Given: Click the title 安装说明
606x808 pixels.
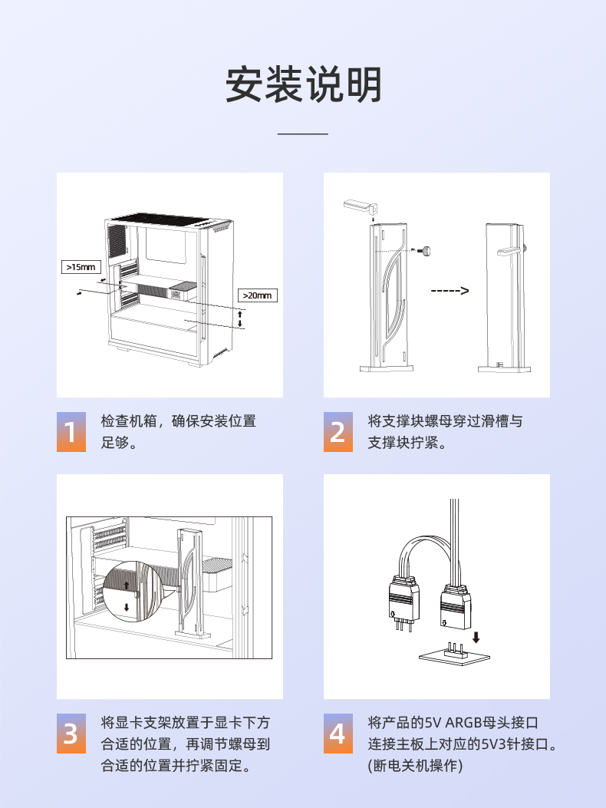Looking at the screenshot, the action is pos(303,84).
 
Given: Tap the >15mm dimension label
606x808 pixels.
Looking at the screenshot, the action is pos(81,267).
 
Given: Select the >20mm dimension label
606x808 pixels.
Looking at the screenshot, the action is pos(257,295).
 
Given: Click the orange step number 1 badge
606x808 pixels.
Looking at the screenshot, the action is pos(71,432).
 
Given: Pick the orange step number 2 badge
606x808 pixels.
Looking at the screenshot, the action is pos(338,432).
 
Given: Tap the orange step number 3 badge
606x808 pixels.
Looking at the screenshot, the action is pos(71,734).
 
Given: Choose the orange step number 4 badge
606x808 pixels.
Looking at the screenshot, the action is pos(338,734).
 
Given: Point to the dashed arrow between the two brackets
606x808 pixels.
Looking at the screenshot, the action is pos(450,291).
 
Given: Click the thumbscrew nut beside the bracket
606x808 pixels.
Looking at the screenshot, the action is pos(425,250).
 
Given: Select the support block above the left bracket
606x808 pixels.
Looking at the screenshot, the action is pos(361,206).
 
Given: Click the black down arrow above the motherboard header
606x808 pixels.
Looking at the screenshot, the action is pos(476,637).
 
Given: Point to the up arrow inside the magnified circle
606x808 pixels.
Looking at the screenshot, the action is pos(127,585).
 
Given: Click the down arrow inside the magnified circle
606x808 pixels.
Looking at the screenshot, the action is pos(127,607).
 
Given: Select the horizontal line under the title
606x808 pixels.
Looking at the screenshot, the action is pos(303,134).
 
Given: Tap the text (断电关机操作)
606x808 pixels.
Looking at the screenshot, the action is pos(415,766).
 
